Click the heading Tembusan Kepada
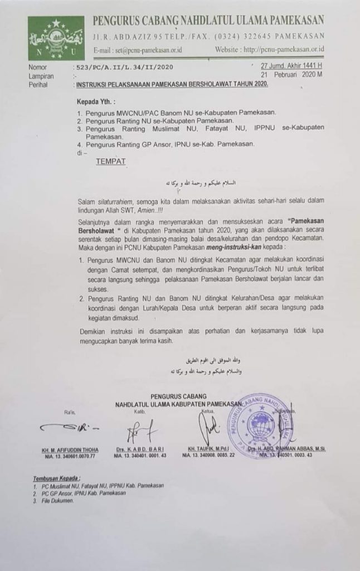[56, 478]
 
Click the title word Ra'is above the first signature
[69, 411]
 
